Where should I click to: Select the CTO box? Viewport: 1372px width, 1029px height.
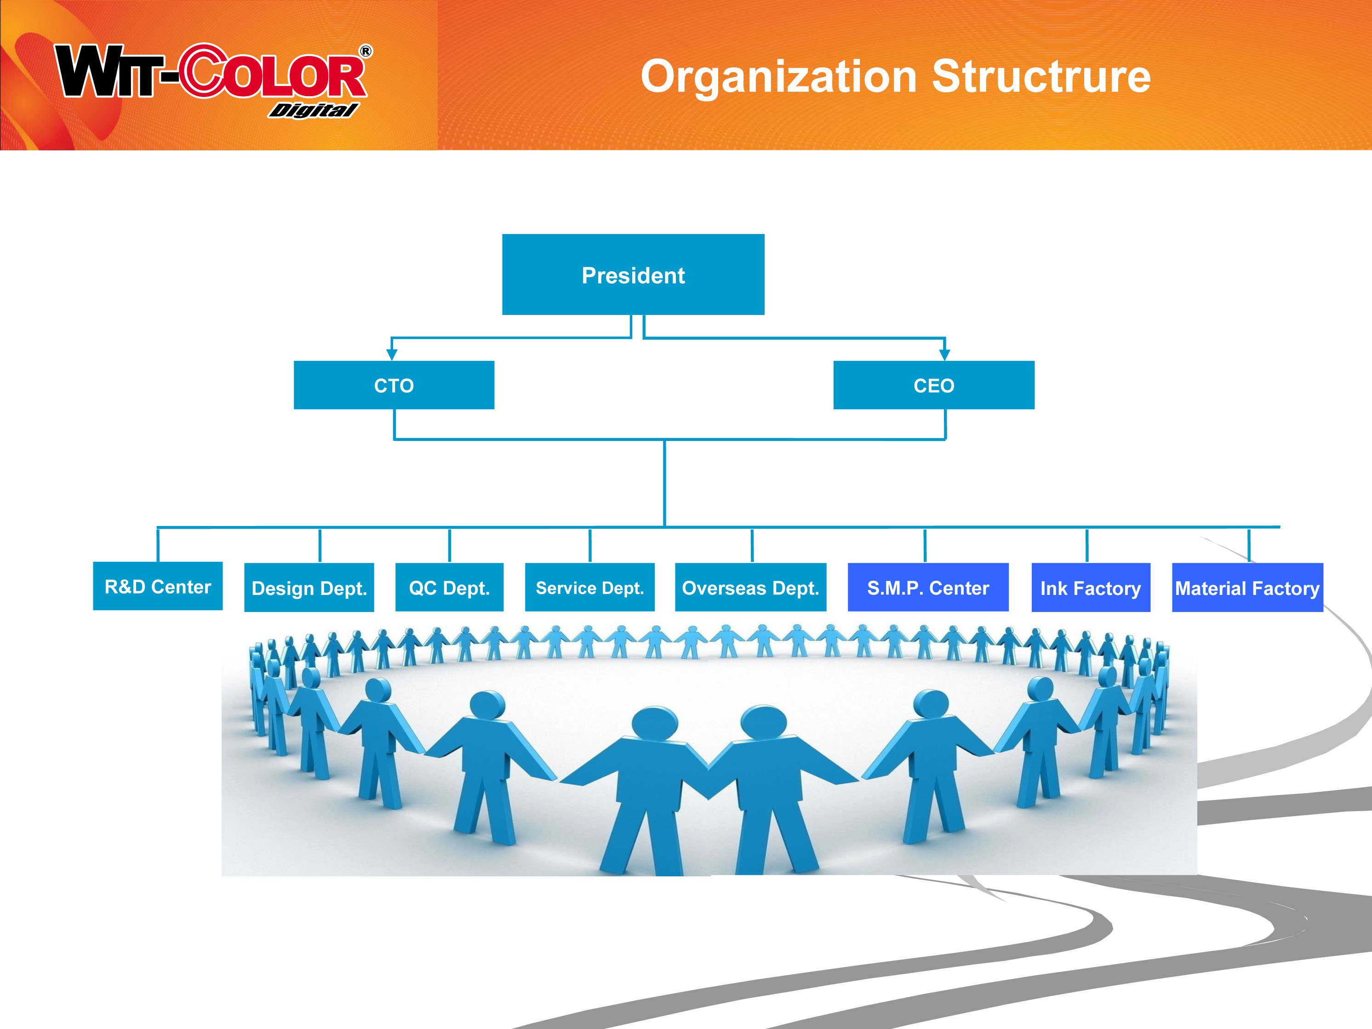coord(394,385)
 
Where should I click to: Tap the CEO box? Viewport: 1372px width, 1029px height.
coord(934,385)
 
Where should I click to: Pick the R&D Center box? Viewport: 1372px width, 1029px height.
coord(158,586)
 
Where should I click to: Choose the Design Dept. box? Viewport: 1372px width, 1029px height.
coord(309,588)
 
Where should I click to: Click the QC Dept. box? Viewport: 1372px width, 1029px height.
coord(450,588)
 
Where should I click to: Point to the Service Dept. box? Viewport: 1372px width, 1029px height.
coord(590,588)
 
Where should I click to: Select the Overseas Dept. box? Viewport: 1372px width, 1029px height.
coord(750,588)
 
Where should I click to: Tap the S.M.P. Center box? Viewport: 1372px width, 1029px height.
coord(928,588)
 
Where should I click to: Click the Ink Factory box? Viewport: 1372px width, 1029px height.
coord(1091,588)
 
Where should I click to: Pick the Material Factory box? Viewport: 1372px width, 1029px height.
coord(1247,588)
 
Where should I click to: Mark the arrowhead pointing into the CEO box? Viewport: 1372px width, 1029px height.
coord(945,355)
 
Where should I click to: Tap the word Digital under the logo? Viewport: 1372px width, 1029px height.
coord(313,110)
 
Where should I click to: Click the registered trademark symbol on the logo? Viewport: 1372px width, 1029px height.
coord(366,51)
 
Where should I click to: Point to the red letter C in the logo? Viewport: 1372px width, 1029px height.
coord(204,71)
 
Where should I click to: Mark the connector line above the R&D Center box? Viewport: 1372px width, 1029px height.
coord(158,544)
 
